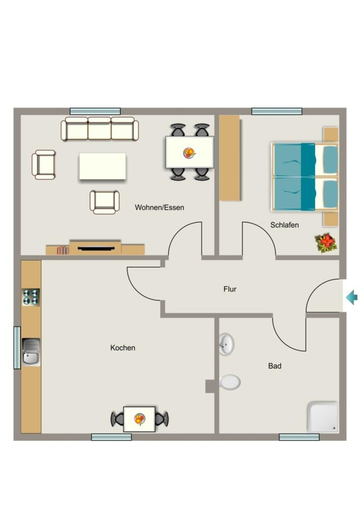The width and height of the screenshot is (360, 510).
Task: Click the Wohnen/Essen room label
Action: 159,208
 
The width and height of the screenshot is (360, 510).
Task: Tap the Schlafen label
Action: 284,225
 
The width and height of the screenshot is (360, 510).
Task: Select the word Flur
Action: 230,289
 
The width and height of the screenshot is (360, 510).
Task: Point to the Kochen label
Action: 122,348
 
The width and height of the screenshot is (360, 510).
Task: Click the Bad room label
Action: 275,366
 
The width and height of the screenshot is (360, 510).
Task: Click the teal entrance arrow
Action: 352,297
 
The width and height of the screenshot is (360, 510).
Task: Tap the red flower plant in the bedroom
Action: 326,243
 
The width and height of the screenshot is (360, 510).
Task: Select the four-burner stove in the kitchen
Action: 31,297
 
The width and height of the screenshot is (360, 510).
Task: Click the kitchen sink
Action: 31,352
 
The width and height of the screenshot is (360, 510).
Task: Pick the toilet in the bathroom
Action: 230,382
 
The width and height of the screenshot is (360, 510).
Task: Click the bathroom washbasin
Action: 227,344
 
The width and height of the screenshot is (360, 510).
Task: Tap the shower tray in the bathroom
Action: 323,417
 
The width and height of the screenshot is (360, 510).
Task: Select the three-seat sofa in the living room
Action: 100,129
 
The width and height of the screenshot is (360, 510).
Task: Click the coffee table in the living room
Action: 103,166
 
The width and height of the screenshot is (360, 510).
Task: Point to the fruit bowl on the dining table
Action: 189,152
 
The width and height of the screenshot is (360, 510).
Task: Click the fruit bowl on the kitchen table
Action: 140,419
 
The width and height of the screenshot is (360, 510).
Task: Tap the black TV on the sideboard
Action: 96,249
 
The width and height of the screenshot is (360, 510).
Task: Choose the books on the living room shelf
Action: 63,250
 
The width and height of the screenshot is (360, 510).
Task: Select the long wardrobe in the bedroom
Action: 230,158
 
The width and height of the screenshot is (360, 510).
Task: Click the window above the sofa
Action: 95,111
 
